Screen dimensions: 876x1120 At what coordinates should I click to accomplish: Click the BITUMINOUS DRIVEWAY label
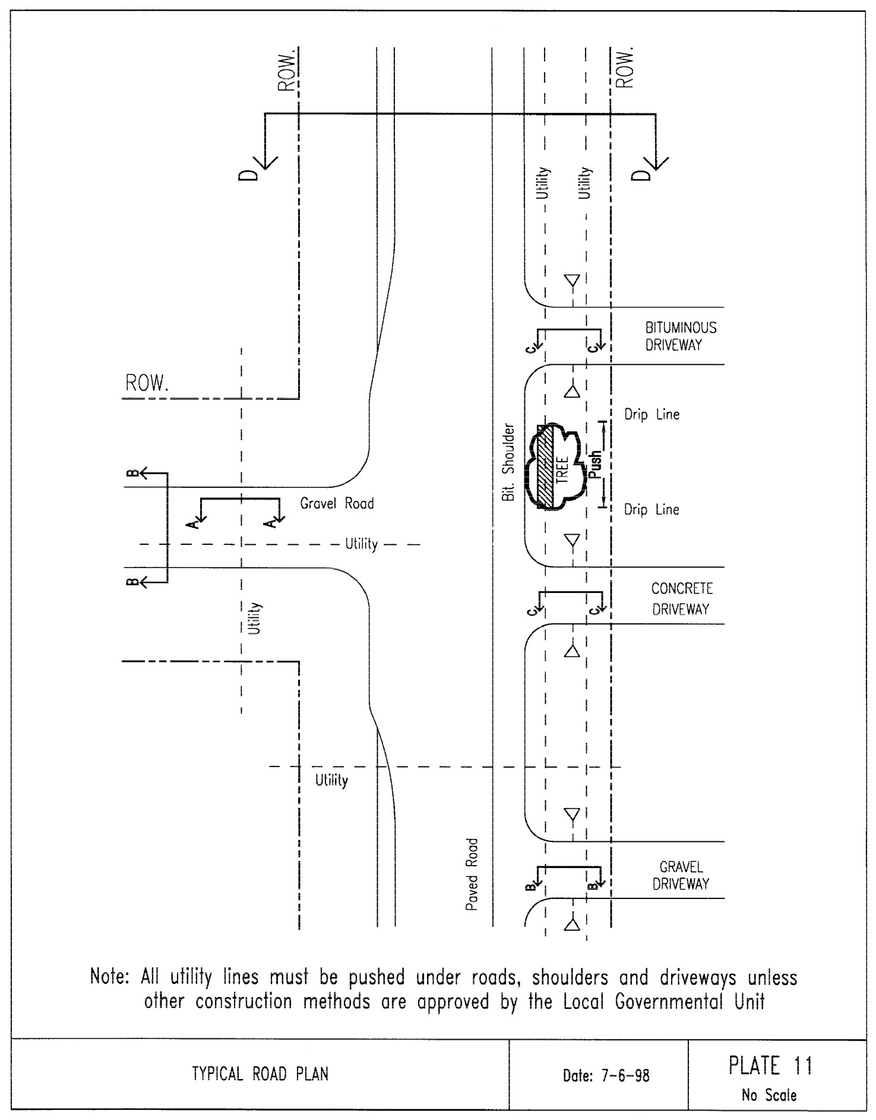click(681, 336)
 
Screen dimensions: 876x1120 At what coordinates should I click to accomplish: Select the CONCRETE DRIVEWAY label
click(681, 599)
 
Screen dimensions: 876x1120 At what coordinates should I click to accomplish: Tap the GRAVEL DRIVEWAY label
click(681, 876)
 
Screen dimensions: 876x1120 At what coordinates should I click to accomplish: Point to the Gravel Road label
click(337, 504)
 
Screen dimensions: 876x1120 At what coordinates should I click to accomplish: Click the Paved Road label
click(472, 875)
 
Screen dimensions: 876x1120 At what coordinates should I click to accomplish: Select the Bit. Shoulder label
click(508, 462)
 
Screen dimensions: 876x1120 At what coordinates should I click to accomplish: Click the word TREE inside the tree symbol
click(563, 469)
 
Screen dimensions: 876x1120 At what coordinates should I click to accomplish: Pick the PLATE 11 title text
click(770, 1066)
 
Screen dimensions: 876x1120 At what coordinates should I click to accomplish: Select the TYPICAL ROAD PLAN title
click(260, 1074)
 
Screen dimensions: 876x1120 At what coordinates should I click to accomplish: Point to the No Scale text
click(769, 1095)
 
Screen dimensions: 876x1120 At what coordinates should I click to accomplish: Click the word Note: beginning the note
click(109, 977)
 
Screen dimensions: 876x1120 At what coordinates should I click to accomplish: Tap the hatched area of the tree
click(545, 467)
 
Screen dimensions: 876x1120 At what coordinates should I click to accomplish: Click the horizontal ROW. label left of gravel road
click(147, 383)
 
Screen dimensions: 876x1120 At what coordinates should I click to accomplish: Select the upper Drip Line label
click(652, 415)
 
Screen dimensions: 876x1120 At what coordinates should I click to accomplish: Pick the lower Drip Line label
click(652, 510)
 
